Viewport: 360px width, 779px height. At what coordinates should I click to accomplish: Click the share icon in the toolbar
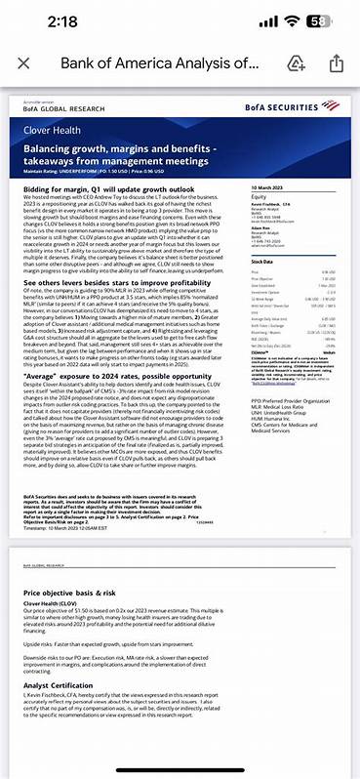tap(335, 64)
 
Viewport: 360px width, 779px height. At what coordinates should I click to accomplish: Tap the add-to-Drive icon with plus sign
tap(297, 64)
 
